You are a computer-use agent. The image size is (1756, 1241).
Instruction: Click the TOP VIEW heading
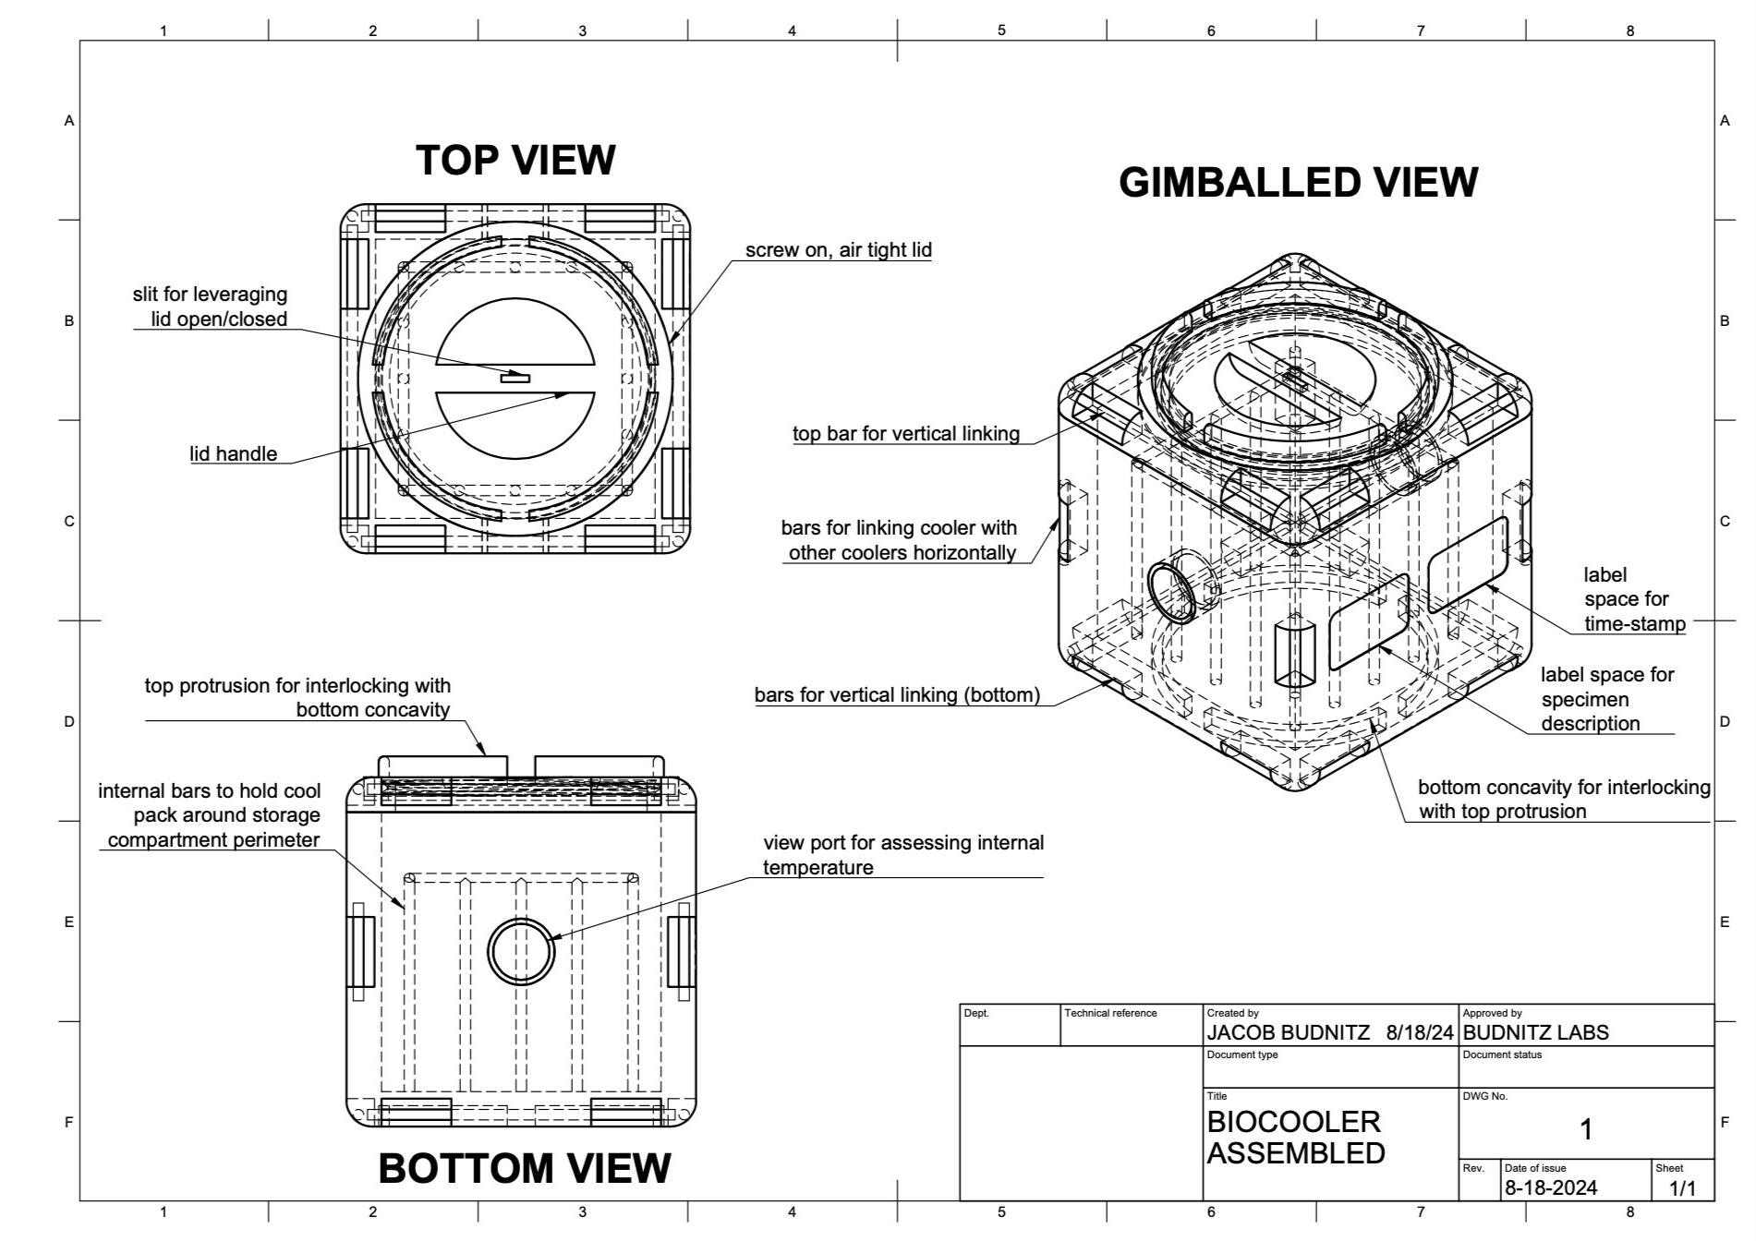515,160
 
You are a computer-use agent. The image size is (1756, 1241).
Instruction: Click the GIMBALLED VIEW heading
1298,182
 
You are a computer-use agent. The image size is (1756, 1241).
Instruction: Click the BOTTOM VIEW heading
524,1168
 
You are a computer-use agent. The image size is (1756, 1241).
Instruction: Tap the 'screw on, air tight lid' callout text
838,250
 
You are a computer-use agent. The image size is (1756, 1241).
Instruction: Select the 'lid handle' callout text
234,453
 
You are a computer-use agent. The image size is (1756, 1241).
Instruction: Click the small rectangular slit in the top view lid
515,377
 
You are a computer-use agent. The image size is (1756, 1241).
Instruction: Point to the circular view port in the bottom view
521,952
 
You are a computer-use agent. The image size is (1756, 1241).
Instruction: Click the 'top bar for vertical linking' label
905,434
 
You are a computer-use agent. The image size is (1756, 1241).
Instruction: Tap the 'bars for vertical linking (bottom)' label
896,695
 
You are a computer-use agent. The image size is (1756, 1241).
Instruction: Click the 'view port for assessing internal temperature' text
902,855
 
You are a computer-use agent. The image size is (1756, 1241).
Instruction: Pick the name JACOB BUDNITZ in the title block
1288,1032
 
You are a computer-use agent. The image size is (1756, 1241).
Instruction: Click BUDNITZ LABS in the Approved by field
1535,1032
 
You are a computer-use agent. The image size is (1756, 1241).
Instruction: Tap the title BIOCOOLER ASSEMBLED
1295,1137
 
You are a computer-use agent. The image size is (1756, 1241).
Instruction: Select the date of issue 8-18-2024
1550,1187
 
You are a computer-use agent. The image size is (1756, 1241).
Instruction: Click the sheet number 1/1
1682,1188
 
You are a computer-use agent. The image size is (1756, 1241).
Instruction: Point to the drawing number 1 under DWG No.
1586,1128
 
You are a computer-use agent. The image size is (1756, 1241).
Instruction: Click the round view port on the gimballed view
1172,592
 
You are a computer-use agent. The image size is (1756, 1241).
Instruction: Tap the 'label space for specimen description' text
1606,699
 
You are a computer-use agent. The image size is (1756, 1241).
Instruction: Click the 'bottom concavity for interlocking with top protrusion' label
1563,800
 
